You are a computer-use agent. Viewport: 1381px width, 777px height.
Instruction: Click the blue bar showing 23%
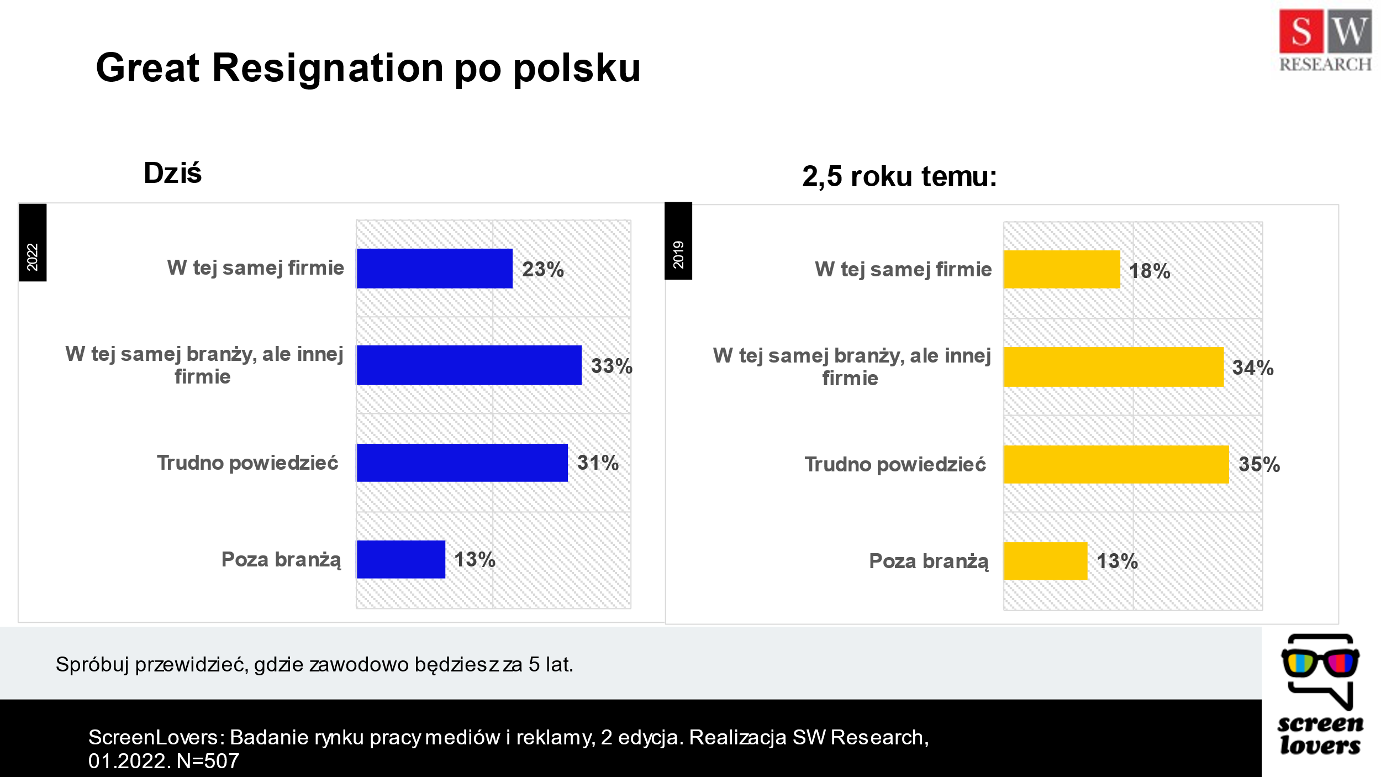click(x=434, y=268)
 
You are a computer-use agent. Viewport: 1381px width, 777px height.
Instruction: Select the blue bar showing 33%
click(x=469, y=365)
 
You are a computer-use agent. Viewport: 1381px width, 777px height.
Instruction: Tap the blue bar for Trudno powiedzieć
click(x=462, y=463)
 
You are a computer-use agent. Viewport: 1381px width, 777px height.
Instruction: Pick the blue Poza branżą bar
click(x=400, y=559)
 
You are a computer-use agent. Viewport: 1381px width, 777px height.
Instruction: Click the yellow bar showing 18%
click(x=1062, y=270)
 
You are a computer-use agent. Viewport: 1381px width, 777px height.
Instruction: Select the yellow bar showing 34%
click(x=1114, y=366)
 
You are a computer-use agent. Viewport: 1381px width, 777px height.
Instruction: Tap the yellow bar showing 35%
click(x=1116, y=464)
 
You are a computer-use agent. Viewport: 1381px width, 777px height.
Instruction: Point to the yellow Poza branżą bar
click(x=1046, y=561)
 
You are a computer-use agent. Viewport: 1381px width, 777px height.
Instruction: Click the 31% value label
click(x=598, y=463)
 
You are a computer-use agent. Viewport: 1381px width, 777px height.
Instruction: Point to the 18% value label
click(x=1150, y=271)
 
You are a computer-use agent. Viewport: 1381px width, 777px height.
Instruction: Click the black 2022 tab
click(x=33, y=243)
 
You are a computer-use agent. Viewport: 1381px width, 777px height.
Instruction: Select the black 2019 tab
click(x=678, y=242)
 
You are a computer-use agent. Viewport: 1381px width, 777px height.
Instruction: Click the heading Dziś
click(x=172, y=173)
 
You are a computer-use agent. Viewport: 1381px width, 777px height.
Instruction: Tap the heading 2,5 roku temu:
click(x=899, y=176)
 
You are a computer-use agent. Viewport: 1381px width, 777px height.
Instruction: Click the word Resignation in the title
click(x=328, y=67)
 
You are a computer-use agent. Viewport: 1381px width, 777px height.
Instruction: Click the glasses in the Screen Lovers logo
click(x=1320, y=662)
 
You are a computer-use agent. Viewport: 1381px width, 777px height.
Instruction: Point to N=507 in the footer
click(x=208, y=761)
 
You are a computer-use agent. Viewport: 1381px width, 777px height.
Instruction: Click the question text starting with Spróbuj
click(x=314, y=664)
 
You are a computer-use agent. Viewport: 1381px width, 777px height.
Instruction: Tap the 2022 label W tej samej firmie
click(x=255, y=268)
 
